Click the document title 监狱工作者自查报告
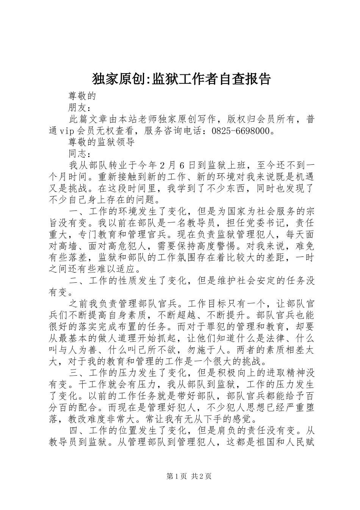pyautogui.click(x=182, y=79)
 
